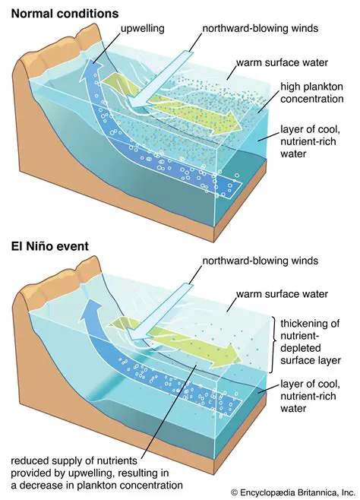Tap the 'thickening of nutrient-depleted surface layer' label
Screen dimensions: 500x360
pos(314,345)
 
